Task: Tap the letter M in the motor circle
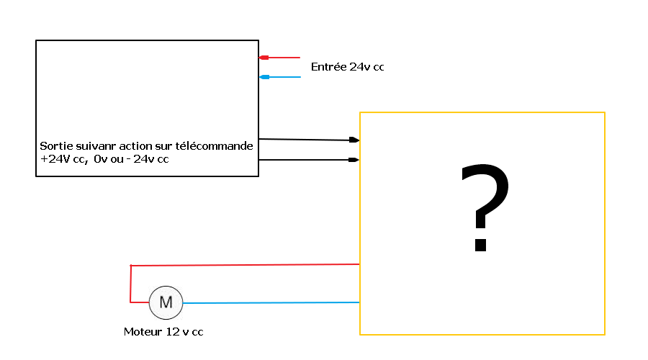coord(166,302)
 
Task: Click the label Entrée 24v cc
coord(347,67)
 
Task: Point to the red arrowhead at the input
coord(264,58)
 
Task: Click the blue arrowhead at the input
coord(264,77)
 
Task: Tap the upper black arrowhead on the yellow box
coord(354,140)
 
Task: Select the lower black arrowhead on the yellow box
coord(354,160)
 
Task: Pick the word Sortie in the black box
coord(55,146)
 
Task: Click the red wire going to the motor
coord(245,265)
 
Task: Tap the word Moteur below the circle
coord(142,332)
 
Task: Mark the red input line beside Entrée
coord(284,58)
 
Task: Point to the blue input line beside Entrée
coord(284,77)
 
